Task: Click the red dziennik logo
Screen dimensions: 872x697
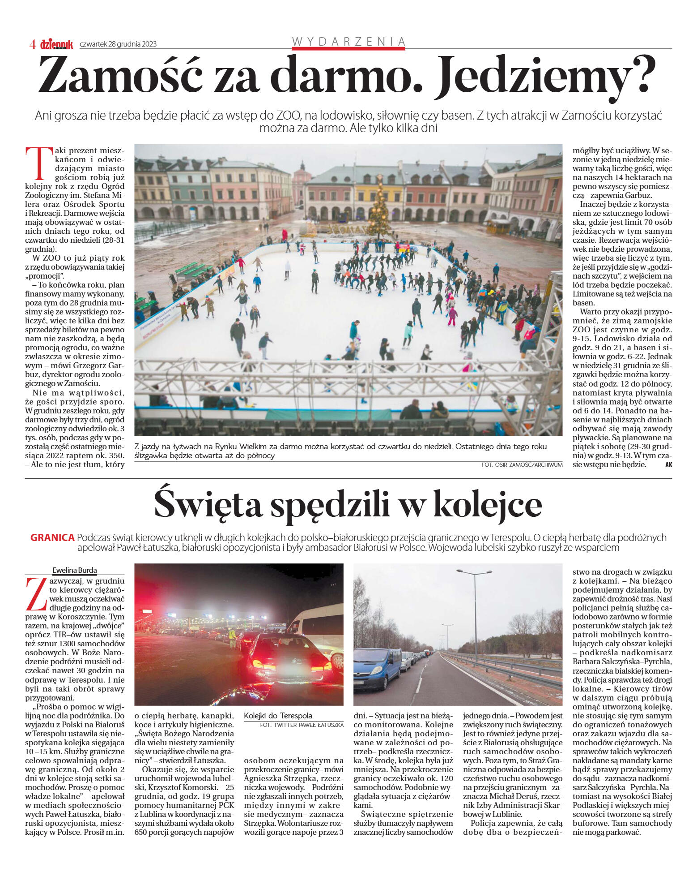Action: tap(56, 44)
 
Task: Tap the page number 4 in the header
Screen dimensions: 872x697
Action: tap(32, 44)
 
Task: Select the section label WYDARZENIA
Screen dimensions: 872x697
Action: tap(348, 42)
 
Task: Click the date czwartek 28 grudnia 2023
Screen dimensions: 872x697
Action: tap(118, 44)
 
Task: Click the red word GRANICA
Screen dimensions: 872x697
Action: tap(52, 537)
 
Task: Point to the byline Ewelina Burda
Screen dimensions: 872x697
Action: tap(74, 570)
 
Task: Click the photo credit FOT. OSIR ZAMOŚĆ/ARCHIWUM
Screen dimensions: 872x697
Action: tap(522, 465)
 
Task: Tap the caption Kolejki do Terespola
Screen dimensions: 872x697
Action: tap(278, 716)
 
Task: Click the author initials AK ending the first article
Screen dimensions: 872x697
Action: tap(668, 465)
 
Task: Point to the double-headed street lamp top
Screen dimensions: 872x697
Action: tap(474, 572)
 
